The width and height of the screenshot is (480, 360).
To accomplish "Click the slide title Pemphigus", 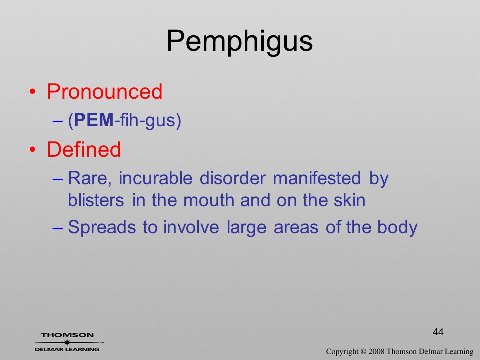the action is pos(239,42).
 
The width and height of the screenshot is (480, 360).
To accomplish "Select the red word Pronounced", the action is pos(104,91).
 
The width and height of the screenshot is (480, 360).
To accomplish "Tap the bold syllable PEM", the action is pos(94,120).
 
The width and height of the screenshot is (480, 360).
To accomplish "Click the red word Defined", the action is pos(84,149).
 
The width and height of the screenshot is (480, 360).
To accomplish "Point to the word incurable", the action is pos(156,178).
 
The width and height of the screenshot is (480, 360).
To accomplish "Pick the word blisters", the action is pos(96,200).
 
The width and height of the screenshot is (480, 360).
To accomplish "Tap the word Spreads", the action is pos(102,227).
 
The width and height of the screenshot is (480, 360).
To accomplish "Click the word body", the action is pos(397,227).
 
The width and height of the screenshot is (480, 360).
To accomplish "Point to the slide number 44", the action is pos(438,332).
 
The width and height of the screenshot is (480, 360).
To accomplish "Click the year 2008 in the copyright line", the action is pos(376,351).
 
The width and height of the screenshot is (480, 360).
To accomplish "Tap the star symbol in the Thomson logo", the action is pos(67,342).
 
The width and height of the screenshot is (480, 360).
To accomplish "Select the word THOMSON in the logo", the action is pos(67,335).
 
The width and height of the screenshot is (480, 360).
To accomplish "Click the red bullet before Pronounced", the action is pos(33,92).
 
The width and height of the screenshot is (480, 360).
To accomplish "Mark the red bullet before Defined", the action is pos(33,149).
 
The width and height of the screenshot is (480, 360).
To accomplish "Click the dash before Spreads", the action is pos(58,228).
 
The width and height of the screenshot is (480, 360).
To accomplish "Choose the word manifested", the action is pos(317,178).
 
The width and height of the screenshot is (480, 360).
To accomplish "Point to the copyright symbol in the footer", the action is pos(363,352).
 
